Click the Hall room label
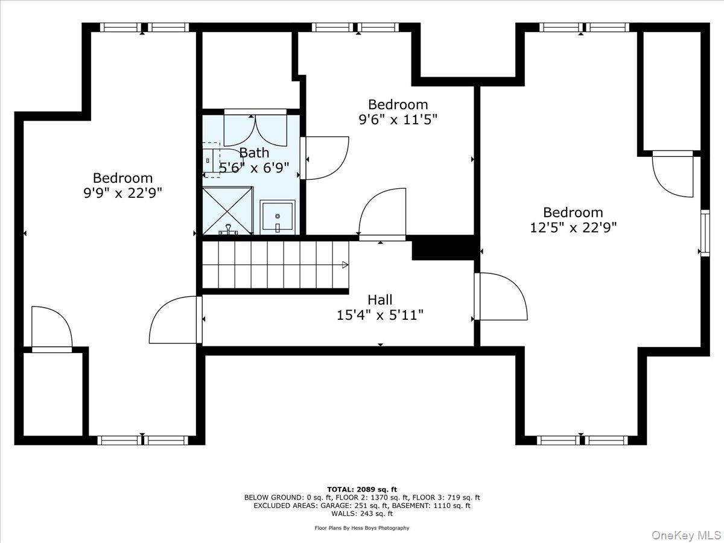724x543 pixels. [379, 300]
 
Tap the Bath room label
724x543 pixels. [254, 153]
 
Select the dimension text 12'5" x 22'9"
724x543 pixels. [573, 227]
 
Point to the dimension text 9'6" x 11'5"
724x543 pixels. [398, 119]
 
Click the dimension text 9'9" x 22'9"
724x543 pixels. [122, 193]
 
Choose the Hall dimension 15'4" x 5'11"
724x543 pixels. [379, 314]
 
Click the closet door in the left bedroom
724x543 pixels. [52, 329]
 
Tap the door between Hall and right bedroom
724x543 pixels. [501, 297]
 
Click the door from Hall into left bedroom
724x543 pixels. [175, 320]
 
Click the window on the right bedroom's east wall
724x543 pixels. [704, 233]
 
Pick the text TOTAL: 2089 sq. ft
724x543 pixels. [362, 489]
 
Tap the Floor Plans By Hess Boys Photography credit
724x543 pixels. [362, 528]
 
